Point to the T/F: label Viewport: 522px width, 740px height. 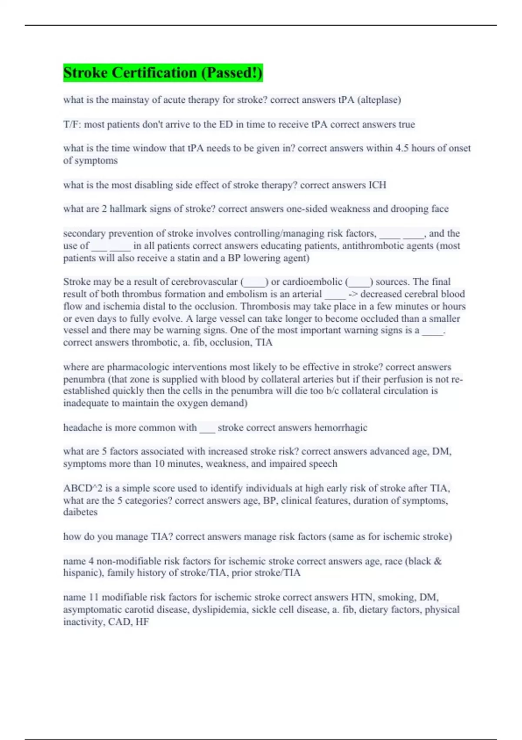tap(72, 124)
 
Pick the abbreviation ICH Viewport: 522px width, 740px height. tap(377, 185)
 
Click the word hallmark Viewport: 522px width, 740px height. tap(128, 209)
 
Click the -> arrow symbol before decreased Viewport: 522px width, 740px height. tap(353, 294)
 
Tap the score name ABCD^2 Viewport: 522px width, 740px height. tap(82, 488)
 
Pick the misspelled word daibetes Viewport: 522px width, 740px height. tap(80, 512)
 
